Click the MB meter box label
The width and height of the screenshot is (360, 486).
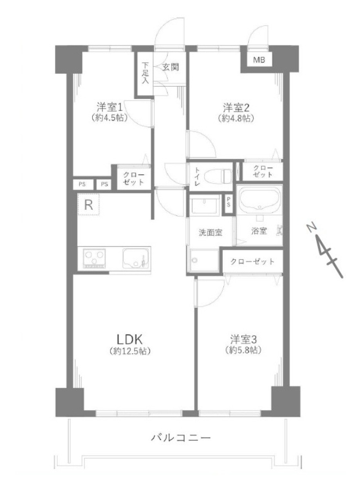coord(259,60)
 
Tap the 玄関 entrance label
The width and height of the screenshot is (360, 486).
coord(171,67)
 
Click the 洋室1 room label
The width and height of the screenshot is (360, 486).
coord(109,107)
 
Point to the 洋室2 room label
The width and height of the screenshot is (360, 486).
coord(236,107)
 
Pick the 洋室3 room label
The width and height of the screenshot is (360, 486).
coord(243,339)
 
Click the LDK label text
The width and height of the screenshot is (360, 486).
coord(131,339)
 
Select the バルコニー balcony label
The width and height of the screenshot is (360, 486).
coord(181,438)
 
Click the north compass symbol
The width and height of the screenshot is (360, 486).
coord(325,249)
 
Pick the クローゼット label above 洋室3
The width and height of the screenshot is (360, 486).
coord(252,262)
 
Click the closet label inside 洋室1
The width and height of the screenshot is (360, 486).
coord(134,179)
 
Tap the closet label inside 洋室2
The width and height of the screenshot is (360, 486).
coord(262,172)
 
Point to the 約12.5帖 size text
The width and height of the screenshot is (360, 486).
coord(131,351)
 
